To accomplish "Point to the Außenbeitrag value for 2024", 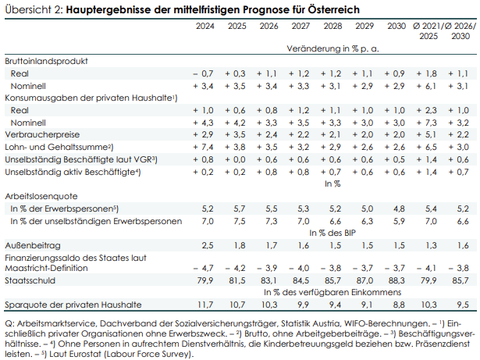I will pyautogui.click(x=206, y=244).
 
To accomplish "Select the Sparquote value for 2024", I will pyautogui.click(x=204, y=304).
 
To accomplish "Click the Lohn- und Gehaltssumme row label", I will pyautogui.click(x=59, y=146).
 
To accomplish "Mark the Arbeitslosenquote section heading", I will pyautogui.click(x=42, y=198).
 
